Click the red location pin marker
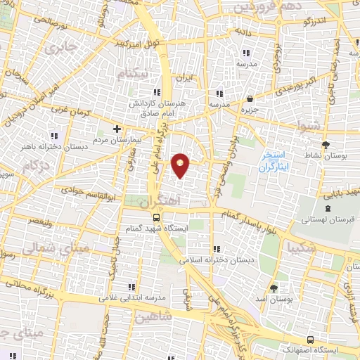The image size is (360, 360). point(181,165)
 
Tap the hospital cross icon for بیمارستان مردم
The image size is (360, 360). point(117,129)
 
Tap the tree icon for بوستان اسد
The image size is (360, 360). point(274,288)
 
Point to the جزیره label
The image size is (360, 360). point(252,108)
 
